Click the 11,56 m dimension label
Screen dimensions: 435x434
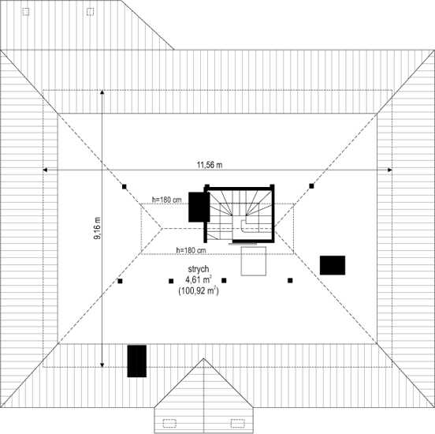[x=210, y=165]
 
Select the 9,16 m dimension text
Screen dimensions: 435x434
[x=98, y=228]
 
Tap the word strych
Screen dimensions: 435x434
[x=199, y=269]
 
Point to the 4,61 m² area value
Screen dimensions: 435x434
[x=199, y=279]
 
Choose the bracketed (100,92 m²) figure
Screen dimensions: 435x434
[x=199, y=291]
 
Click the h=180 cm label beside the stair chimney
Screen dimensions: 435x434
[x=167, y=200]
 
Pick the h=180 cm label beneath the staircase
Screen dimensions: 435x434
[x=191, y=250]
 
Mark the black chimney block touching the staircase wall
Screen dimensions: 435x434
[x=199, y=207]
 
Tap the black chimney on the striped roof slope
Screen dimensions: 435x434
[x=137, y=361]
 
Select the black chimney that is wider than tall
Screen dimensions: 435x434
[x=333, y=265]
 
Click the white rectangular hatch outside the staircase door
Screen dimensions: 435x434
[x=254, y=261]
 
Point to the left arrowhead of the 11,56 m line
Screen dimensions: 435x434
[x=45, y=170]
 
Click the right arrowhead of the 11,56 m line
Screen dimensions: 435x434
[x=390, y=170]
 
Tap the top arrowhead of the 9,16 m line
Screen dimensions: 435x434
[x=102, y=92]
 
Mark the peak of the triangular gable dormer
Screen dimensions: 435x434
[x=203, y=358]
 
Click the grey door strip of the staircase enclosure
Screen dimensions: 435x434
[x=243, y=244]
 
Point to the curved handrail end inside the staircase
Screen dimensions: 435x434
[x=243, y=226]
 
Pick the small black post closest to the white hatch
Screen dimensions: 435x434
[x=224, y=280]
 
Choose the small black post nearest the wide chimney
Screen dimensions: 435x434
[x=290, y=280]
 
